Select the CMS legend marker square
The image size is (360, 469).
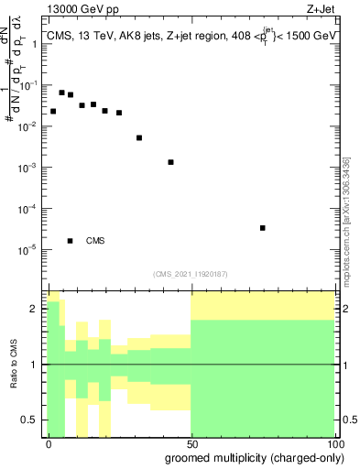(71, 241)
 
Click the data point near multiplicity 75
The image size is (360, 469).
(263, 228)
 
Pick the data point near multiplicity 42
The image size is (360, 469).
(170, 162)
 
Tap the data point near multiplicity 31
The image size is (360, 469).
(139, 138)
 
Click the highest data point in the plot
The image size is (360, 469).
(61, 93)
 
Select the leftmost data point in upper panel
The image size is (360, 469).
(53, 111)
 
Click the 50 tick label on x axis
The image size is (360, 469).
(191, 442)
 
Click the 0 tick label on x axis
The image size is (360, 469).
(49, 442)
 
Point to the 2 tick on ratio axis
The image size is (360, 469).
(36, 309)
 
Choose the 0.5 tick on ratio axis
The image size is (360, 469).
(31, 420)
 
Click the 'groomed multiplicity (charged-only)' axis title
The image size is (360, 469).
(249, 457)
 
